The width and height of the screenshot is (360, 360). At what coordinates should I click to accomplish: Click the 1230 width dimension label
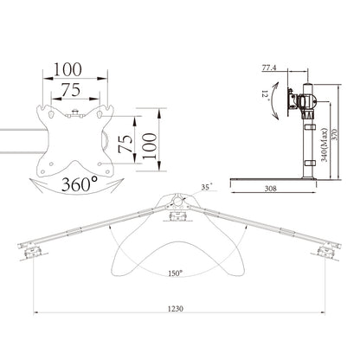click(x=176, y=308)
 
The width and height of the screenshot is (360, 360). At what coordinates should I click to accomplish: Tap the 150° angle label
click(x=176, y=273)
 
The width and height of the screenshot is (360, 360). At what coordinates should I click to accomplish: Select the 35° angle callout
click(x=207, y=187)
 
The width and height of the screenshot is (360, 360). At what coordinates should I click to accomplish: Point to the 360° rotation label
click(x=80, y=183)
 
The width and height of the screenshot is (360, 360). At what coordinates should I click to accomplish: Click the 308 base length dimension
click(x=270, y=189)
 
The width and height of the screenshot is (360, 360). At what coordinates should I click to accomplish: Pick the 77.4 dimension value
click(x=269, y=67)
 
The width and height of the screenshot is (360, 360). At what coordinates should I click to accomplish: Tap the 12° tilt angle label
click(x=266, y=95)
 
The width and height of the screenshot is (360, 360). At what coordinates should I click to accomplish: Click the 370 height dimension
click(x=335, y=133)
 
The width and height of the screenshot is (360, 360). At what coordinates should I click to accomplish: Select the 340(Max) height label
click(x=325, y=145)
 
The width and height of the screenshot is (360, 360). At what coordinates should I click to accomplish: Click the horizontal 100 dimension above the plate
click(x=67, y=69)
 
